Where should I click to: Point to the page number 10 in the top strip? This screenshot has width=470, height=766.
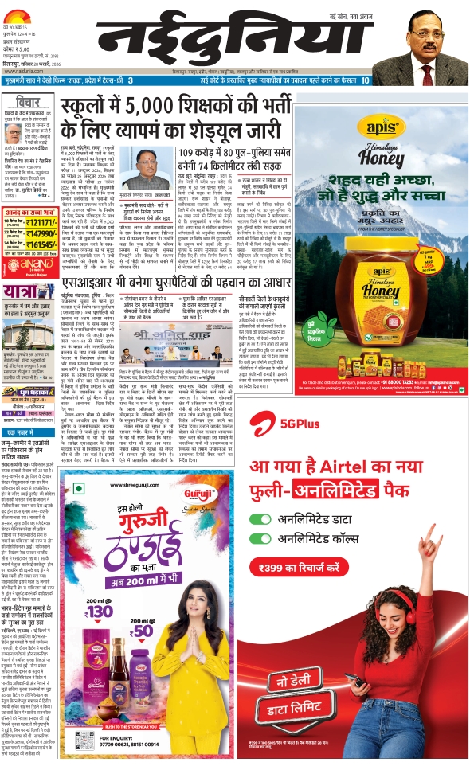click(455, 80)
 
